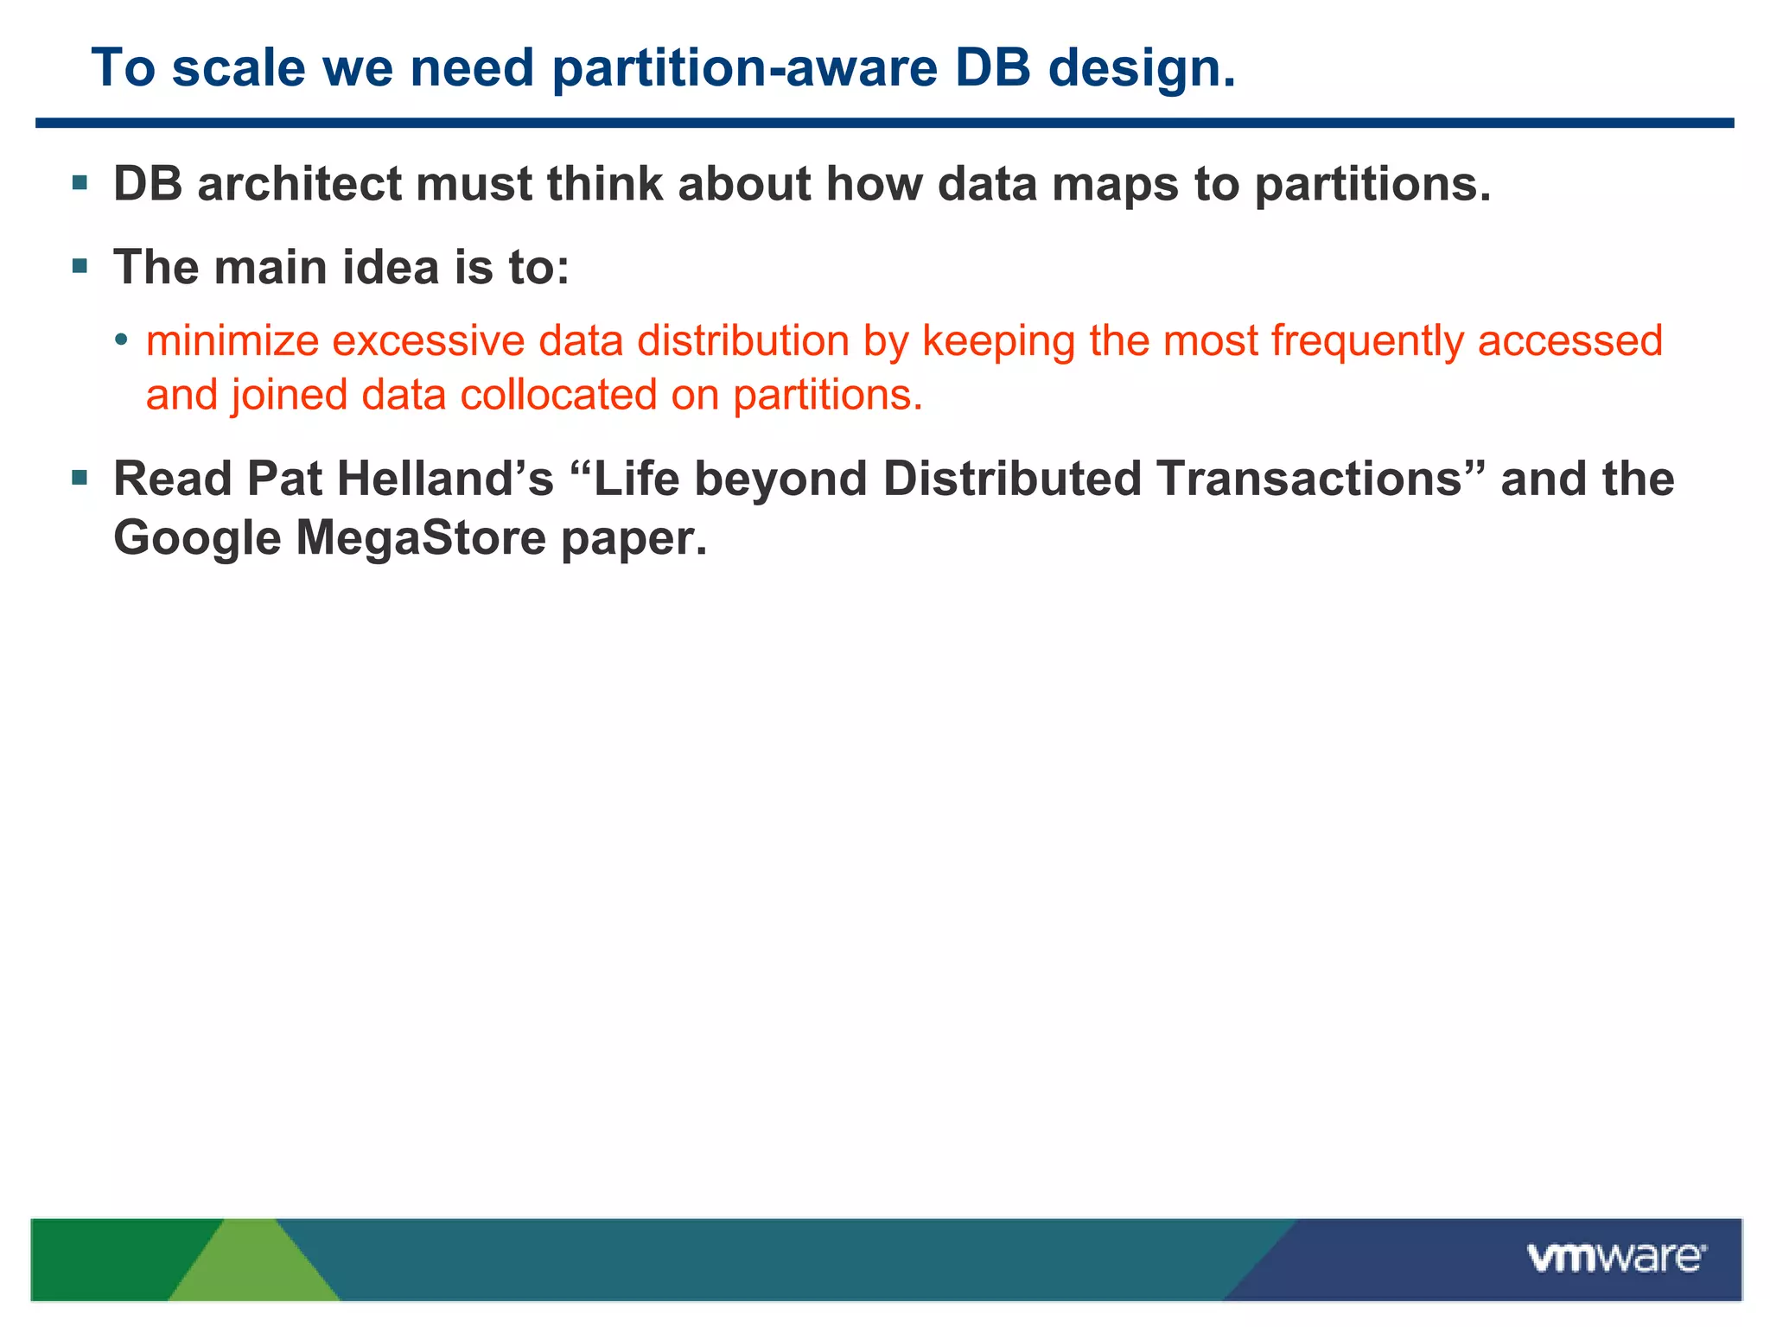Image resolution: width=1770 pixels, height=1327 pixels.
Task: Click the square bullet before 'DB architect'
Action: click(80, 182)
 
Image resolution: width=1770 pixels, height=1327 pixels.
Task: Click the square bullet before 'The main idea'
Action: click(80, 265)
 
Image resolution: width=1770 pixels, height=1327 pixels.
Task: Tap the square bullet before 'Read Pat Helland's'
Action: click(80, 477)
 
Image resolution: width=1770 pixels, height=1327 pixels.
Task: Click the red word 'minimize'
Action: click(232, 340)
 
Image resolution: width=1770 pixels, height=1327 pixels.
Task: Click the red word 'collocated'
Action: click(558, 395)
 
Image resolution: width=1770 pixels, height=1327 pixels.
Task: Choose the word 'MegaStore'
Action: click(421, 537)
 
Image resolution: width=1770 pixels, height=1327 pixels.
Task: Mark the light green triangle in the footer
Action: click(252, 1265)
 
